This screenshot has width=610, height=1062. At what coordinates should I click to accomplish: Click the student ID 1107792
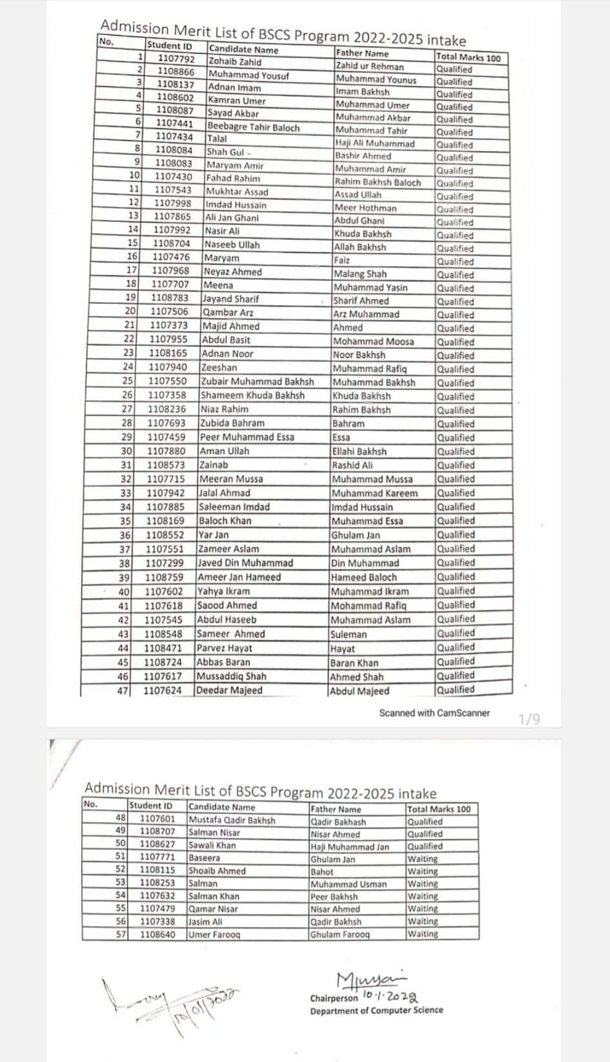coord(176,59)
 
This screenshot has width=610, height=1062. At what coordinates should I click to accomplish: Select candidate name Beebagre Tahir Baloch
coord(254,128)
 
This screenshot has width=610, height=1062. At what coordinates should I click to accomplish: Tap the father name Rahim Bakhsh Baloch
coord(378,183)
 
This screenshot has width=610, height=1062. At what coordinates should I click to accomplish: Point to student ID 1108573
coord(166,465)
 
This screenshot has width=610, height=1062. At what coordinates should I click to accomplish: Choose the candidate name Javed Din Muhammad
coord(246,563)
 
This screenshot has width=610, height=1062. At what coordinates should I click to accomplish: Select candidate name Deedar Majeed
coord(230,690)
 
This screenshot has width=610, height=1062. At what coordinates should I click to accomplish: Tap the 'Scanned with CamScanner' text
coord(434,713)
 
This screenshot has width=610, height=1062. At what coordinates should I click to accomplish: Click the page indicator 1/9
coord(529,719)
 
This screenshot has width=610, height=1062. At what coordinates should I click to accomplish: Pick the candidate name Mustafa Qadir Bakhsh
coord(232,821)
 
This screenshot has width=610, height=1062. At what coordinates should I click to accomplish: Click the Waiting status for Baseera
coord(423,859)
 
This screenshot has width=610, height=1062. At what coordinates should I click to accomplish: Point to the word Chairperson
coord(334,998)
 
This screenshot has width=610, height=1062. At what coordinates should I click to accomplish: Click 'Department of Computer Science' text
coord(376,1010)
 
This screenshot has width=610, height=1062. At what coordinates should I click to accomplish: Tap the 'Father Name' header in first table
coord(362,54)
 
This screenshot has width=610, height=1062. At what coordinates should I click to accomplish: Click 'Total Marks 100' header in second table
coord(439,809)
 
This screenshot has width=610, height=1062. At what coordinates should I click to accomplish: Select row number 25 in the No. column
coord(128,381)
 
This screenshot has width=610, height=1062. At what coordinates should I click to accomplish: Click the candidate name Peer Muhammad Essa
coord(247,437)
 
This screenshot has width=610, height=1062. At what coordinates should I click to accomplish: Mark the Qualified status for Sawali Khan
coord(425,846)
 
